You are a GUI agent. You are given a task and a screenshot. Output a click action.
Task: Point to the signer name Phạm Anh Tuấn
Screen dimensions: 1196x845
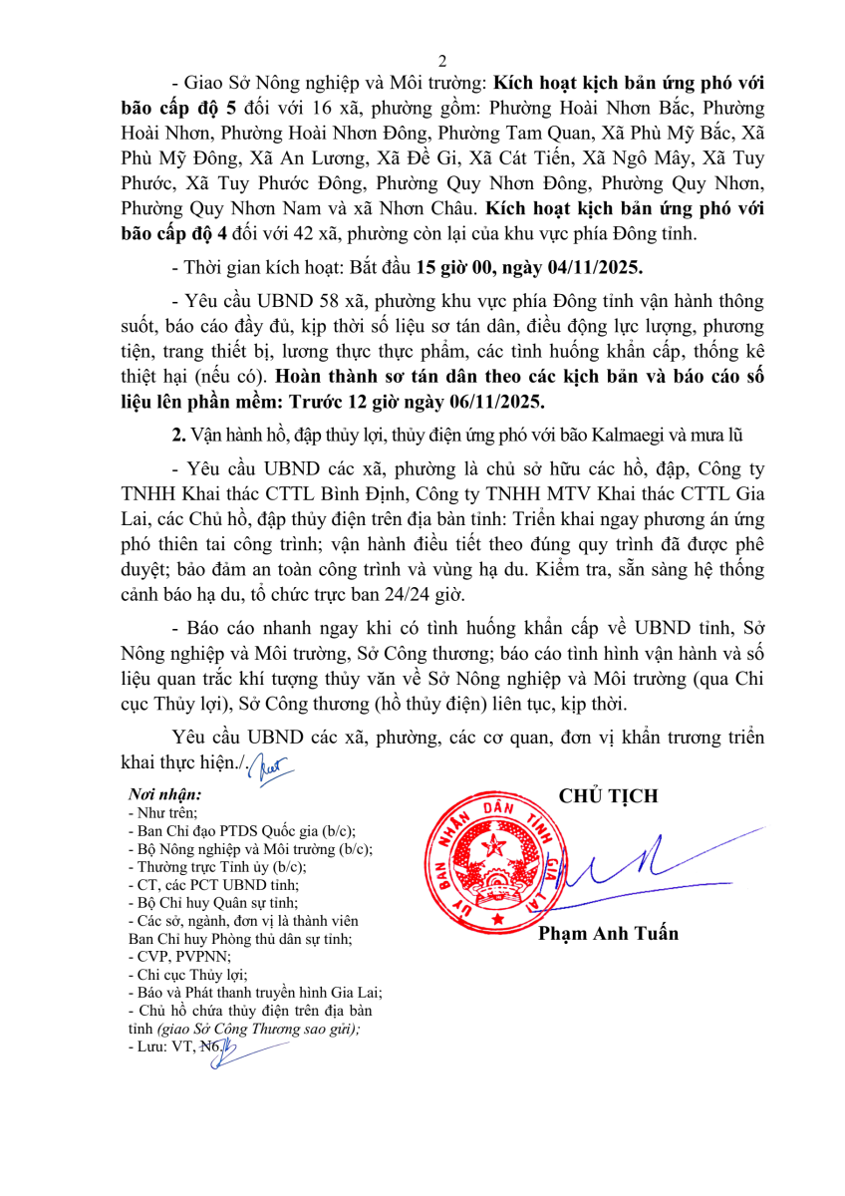point(608,934)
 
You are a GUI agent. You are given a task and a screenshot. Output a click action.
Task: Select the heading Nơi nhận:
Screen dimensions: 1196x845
point(165,795)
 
